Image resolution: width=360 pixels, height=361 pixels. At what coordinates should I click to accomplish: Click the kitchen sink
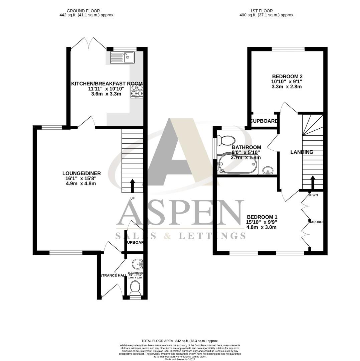coord(122,57)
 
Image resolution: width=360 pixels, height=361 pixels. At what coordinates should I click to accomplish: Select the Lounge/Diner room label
coord(81,173)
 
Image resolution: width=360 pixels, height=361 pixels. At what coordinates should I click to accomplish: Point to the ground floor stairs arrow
coord(132,186)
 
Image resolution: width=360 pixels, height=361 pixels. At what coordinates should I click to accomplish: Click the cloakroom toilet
coord(135,288)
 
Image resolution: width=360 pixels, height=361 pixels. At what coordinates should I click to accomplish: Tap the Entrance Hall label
coord(112,275)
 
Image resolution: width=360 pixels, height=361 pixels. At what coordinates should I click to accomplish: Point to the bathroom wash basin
coord(268,170)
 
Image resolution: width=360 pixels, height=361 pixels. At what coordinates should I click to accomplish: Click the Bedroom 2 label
coord(287,76)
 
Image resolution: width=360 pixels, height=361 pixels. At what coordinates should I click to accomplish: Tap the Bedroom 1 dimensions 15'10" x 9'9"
coord(261,222)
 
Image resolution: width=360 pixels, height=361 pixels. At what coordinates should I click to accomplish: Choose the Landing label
coord(302,152)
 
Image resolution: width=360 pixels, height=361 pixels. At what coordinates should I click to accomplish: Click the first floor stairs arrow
coord(313,183)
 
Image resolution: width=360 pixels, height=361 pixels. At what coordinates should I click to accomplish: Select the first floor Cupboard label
coord(264,121)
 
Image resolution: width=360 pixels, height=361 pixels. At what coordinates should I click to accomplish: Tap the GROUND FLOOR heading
coord(83,11)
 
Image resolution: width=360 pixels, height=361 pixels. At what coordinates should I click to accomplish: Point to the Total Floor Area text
coord(180,341)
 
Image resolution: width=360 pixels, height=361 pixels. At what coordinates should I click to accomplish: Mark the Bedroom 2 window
coord(288,49)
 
